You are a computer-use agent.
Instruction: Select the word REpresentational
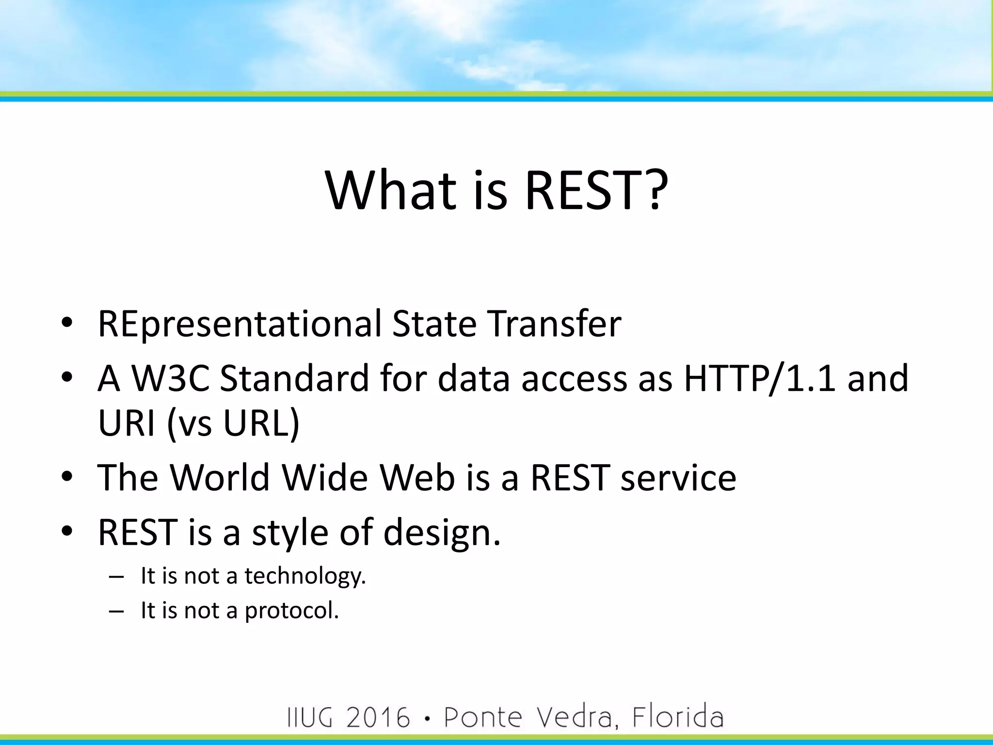(x=240, y=324)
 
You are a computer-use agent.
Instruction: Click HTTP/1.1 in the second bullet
(x=759, y=379)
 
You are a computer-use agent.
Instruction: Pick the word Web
(x=417, y=478)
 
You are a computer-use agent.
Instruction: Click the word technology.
(x=305, y=576)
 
